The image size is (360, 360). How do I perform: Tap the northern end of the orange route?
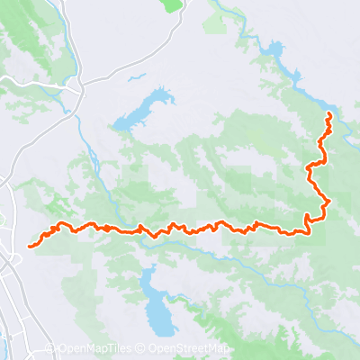(x=328, y=113)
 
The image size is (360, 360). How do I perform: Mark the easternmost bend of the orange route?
(x=329, y=200)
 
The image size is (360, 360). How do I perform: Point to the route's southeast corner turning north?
(x=310, y=232)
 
